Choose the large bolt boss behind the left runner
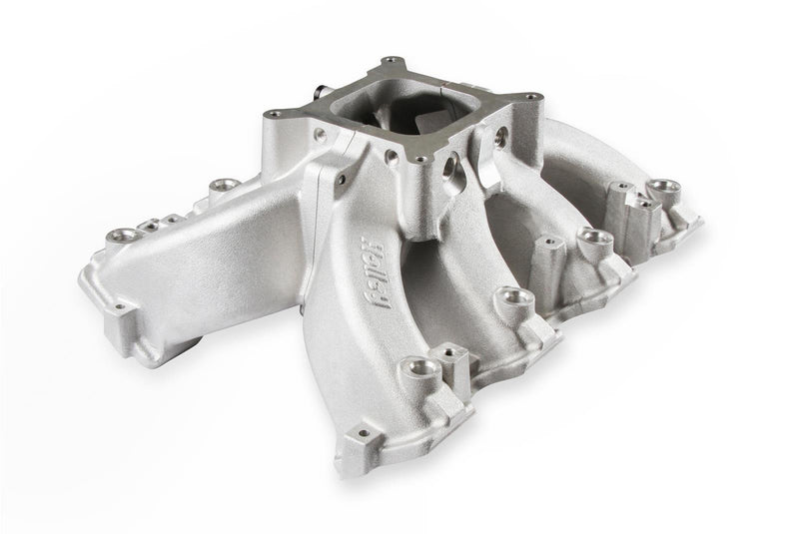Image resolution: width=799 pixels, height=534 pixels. point(215,187)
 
